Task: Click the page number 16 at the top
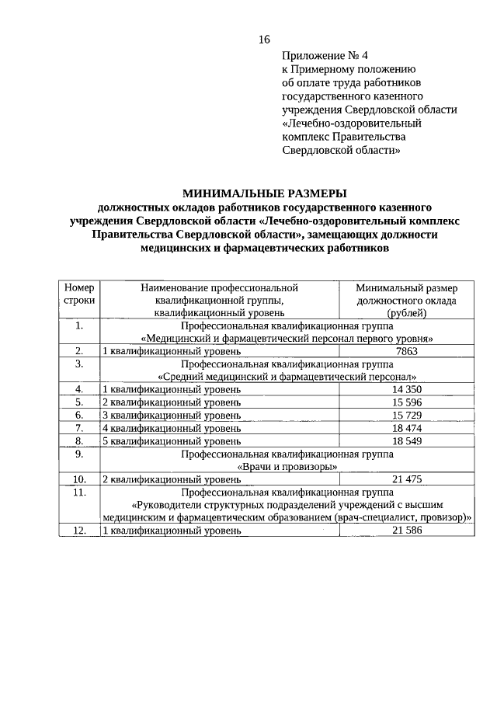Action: click(263, 39)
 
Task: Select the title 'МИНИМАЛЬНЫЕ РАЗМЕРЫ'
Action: click(264, 193)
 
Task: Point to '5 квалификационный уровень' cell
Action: click(172, 440)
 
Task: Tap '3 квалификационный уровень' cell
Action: click(172, 415)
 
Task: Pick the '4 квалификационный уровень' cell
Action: click(172, 428)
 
